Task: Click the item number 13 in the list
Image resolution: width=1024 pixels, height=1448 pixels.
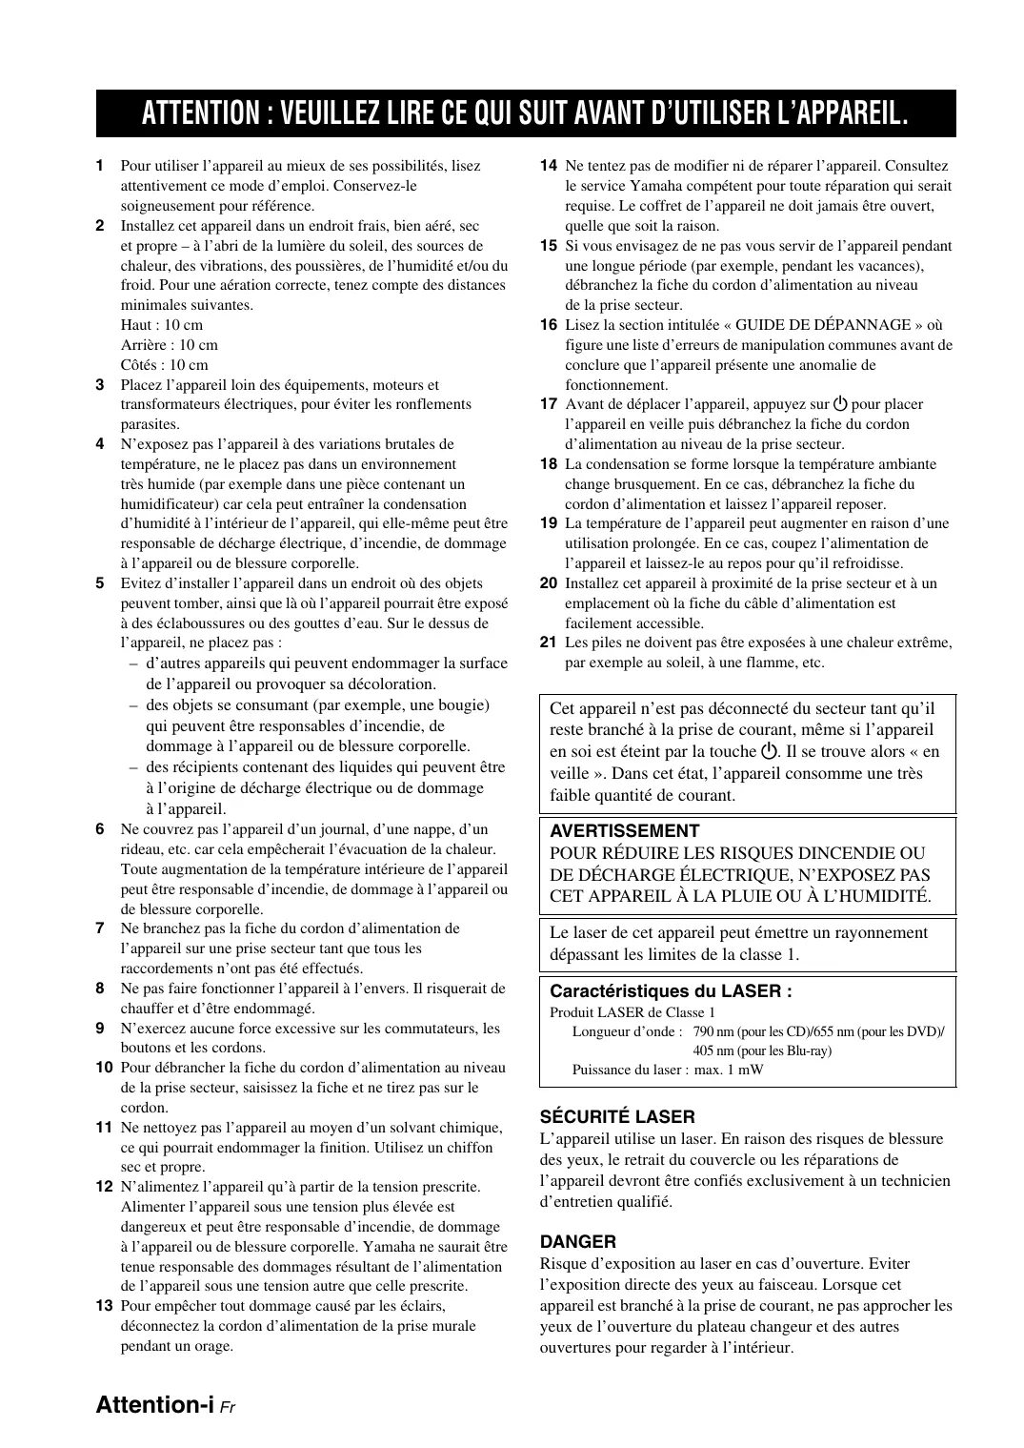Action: [105, 1306]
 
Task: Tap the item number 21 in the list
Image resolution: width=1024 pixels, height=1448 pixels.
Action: [548, 642]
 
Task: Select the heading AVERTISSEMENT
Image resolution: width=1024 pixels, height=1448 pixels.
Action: [624, 831]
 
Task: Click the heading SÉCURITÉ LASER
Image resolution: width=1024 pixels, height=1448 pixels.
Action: [617, 1116]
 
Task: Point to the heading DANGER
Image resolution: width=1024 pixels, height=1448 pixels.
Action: [577, 1241]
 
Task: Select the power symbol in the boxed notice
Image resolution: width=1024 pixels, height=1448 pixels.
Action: [770, 751]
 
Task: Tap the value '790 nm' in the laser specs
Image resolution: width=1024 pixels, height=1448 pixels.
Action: [713, 1031]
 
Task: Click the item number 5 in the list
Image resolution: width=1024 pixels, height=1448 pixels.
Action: [100, 583]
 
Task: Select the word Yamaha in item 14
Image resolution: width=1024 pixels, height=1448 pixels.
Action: [654, 186]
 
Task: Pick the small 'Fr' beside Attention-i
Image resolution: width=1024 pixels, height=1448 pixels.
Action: [228, 1407]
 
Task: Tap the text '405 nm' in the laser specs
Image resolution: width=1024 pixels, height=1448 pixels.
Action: [713, 1050]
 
